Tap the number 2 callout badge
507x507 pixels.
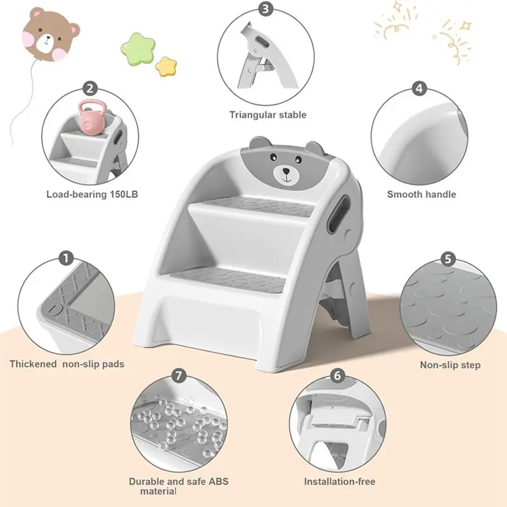[x=91, y=89]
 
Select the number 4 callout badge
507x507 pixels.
[x=418, y=89]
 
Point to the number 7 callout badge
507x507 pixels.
[x=179, y=376]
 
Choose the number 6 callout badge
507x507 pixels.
[x=337, y=376]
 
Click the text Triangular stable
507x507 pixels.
[x=267, y=115]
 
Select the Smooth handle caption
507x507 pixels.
[x=421, y=195]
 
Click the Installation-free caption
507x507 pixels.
[x=340, y=482]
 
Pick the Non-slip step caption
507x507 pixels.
[x=450, y=365]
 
